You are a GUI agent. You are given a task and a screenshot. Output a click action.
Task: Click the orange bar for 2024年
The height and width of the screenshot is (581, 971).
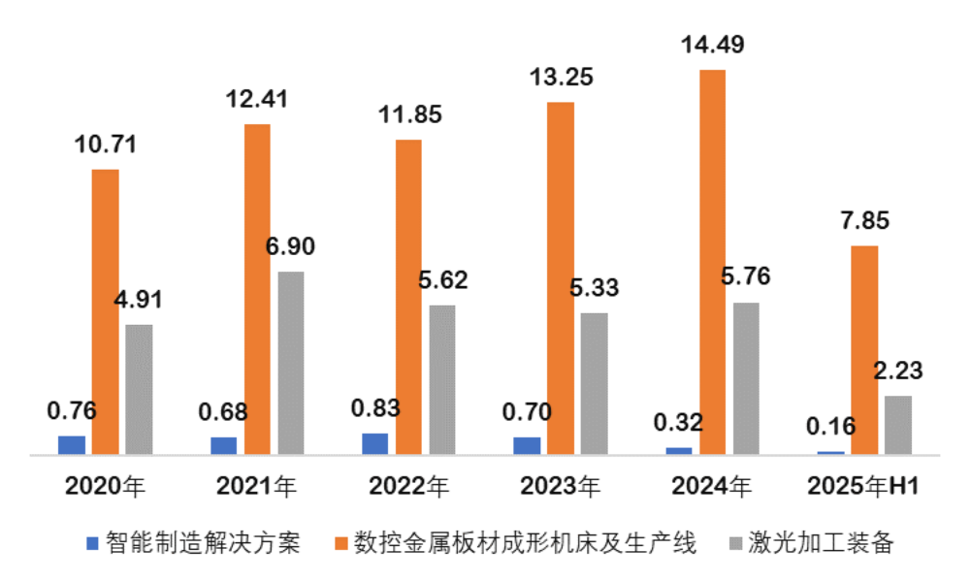[712, 262]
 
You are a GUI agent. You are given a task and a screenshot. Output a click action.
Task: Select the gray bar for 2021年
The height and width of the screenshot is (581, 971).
[290, 362]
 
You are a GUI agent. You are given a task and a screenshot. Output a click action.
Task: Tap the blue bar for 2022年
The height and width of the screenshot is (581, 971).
[374, 443]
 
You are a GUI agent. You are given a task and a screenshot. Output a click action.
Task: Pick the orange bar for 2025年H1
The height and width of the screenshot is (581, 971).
[864, 349]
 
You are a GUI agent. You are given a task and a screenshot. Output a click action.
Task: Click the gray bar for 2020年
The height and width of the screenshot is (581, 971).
[139, 388]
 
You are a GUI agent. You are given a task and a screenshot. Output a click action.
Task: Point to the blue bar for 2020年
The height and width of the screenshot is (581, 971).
[72, 444]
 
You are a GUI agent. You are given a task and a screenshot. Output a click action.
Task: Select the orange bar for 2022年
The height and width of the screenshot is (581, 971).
[408, 296]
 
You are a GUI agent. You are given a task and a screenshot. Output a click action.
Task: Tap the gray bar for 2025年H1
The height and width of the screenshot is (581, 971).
[898, 424]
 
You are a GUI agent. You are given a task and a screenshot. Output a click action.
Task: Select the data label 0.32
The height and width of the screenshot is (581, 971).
[678, 423]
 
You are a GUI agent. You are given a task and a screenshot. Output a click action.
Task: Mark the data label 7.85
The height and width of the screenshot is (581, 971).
[864, 220]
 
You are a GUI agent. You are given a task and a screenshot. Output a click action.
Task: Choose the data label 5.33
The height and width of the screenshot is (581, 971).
[593, 288]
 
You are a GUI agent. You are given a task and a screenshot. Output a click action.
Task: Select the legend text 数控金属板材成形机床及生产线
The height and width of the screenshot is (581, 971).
[525, 542]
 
